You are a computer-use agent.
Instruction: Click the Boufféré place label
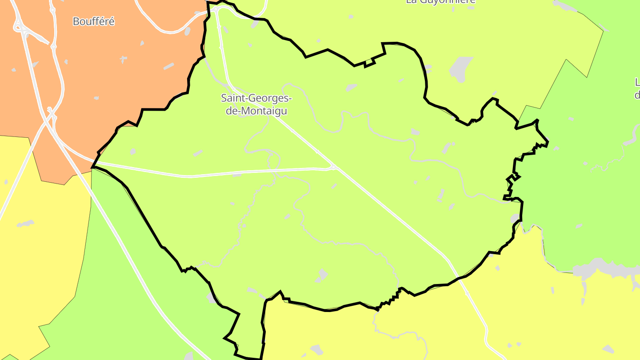(x=93, y=21)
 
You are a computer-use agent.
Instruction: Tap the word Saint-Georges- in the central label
(x=256, y=98)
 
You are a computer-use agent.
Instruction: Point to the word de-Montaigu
(x=256, y=111)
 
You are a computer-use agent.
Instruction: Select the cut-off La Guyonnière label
(x=440, y=2)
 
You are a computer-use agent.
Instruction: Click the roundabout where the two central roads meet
(x=333, y=167)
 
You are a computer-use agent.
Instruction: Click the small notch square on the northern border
(x=368, y=62)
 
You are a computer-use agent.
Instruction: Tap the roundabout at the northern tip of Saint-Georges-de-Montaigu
(x=216, y=9)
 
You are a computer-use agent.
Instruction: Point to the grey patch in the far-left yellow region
(x=25, y=223)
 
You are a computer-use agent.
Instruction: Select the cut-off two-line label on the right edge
(x=637, y=88)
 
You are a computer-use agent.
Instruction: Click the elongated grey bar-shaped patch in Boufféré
(x=168, y=66)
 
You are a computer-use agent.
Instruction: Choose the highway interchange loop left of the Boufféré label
(x=20, y=27)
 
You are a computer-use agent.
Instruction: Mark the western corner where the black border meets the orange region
(x=92, y=168)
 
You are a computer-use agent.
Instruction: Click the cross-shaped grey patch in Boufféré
(x=123, y=59)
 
